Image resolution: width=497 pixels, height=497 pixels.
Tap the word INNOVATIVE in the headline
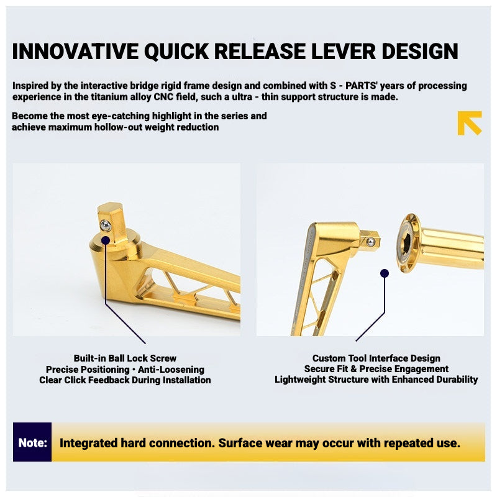(x=75, y=52)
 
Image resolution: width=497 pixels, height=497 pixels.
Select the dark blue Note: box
(x=32, y=442)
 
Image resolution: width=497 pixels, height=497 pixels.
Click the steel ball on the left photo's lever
(x=106, y=226)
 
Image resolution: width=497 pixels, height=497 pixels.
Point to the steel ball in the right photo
(x=370, y=242)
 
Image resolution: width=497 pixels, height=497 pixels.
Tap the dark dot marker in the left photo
(x=106, y=240)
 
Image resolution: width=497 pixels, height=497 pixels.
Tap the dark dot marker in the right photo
(x=385, y=273)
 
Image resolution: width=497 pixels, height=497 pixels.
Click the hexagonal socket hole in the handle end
(x=408, y=244)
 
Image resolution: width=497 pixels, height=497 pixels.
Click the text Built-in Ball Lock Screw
(x=125, y=358)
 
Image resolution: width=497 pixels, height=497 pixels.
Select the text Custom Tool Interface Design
(x=376, y=358)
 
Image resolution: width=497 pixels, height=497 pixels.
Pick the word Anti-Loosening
(x=171, y=370)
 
